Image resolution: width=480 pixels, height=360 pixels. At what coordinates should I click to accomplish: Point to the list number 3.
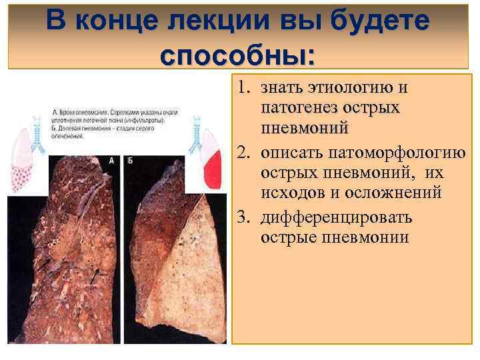click(x=244, y=218)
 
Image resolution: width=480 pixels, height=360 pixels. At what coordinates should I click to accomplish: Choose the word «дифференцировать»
click(x=337, y=218)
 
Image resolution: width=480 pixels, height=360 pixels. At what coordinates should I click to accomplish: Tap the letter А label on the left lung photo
click(x=111, y=161)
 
